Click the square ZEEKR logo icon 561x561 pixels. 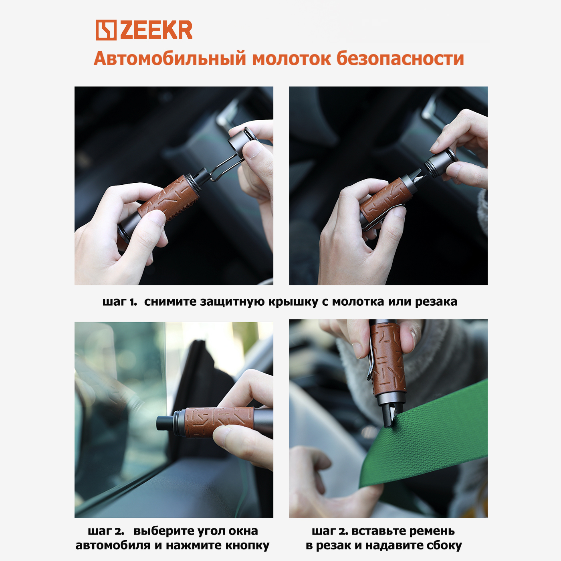(106, 30)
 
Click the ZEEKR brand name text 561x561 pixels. (156, 30)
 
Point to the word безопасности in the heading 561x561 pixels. (400, 59)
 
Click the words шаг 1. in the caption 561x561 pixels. (120, 302)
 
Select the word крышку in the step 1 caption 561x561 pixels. (293, 302)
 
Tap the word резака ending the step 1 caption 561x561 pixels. (436, 302)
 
